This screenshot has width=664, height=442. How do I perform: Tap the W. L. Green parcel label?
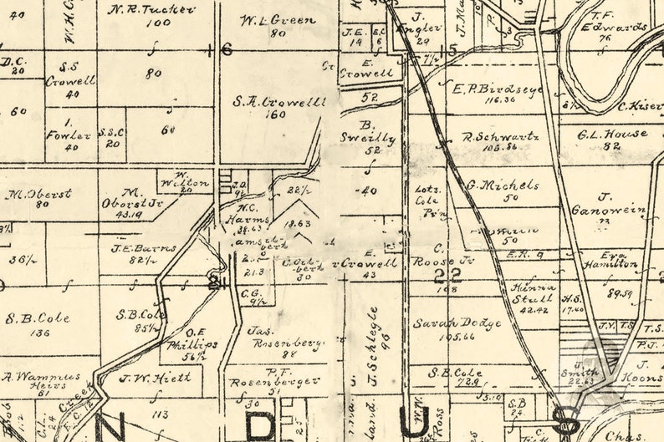coord(266,20)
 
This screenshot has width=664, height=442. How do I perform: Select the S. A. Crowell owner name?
coord(279,102)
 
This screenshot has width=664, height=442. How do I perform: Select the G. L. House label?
coord(613,134)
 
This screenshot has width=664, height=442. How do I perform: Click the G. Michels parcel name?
coord(503,185)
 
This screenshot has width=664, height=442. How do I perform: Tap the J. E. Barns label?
coord(132,248)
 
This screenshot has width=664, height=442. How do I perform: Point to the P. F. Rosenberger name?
coord(274,377)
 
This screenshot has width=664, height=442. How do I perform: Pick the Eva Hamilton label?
coord(617,260)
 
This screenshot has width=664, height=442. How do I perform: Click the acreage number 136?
coord(39,333)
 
